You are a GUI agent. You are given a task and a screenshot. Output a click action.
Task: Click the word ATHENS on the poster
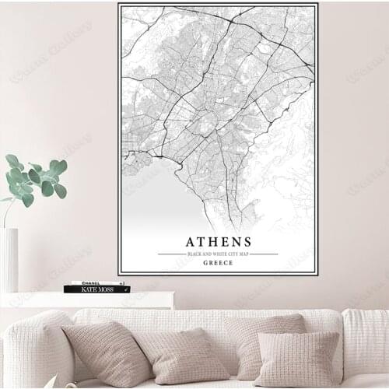[219, 241]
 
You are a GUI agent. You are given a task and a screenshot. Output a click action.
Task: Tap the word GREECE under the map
[218, 262]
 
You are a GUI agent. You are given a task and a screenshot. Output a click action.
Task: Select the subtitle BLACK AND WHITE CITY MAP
[218, 254]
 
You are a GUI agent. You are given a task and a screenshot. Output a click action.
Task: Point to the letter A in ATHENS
[189, 241]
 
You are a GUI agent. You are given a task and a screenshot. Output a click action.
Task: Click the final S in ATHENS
[247, 241]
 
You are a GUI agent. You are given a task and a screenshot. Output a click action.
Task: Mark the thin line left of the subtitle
[171, 254]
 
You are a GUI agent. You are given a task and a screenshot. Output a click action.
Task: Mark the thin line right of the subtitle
[264, 254]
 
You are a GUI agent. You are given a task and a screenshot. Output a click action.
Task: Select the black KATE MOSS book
[91, 289]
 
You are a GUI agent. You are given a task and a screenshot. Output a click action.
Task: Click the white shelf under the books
[86, 299]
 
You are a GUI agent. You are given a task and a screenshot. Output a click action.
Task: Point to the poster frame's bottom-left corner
[119, 274]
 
